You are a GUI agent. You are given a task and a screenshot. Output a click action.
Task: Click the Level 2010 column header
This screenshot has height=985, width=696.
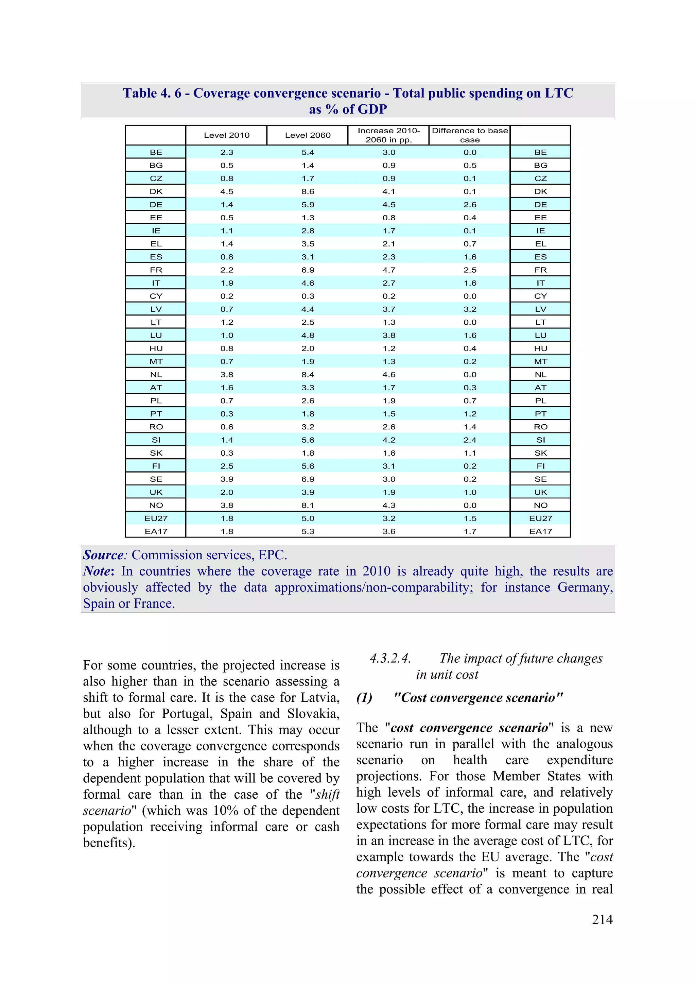tap(226, 135)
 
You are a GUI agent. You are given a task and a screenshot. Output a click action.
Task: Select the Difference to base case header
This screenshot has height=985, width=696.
tap(470, 135)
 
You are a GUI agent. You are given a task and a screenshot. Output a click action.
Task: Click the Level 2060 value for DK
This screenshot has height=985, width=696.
tap(308, 191)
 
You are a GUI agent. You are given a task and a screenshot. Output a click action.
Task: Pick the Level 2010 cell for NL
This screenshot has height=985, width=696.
tap(226, 375)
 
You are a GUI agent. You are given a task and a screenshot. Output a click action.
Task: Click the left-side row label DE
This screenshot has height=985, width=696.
tap(156, 205)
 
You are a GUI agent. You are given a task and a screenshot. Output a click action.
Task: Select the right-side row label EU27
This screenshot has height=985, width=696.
tap(540, 518)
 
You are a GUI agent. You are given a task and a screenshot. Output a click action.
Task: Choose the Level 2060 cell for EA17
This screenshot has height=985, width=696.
tap(308, 531)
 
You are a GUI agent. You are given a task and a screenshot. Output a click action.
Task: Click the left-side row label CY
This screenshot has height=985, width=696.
tap(156, 296)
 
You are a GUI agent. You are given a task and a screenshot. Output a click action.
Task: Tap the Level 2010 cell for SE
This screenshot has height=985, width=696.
tap(226, 479)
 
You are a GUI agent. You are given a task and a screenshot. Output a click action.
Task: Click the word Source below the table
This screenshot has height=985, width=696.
tap(103, 555)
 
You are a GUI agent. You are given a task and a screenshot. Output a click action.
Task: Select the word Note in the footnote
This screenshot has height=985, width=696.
tap(98, 572)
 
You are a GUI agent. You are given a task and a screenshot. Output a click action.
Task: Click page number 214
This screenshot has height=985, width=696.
tap(602, 919)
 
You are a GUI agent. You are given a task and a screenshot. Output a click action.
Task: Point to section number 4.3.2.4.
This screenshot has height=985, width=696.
tap(390, 659)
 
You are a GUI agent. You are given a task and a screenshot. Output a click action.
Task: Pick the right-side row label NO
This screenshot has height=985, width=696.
tap(540, 505)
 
